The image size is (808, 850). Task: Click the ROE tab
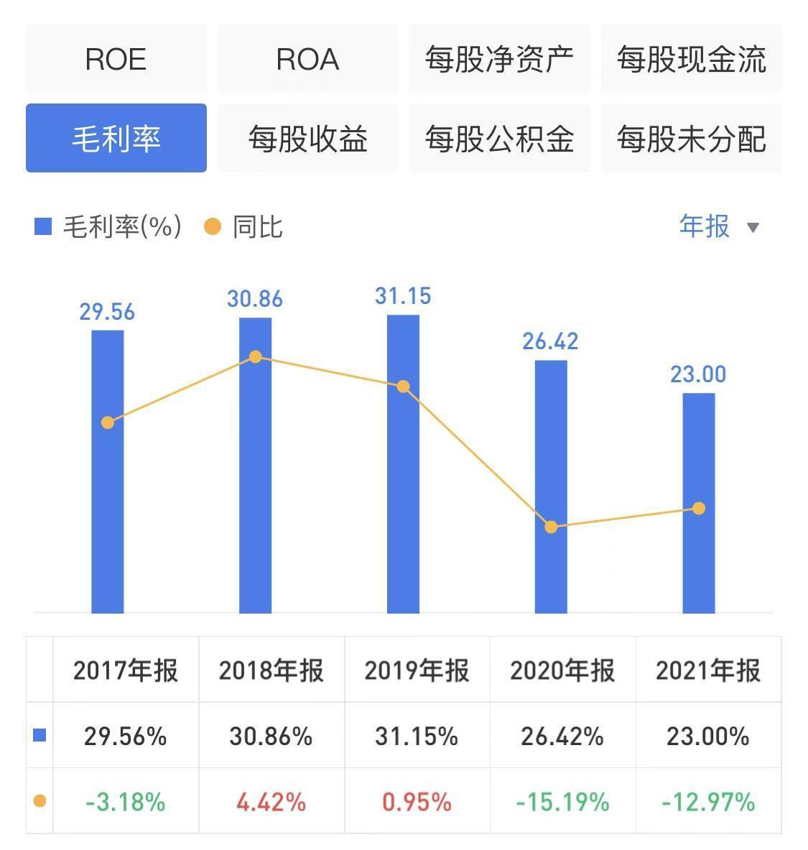116,59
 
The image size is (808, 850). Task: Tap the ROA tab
307,59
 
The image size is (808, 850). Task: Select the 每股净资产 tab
499,59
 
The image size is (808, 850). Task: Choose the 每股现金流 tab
691,59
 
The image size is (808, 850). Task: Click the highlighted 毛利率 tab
116,138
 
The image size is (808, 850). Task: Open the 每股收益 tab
307,138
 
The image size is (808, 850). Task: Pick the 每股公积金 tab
499,138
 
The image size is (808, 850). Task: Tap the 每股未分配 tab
691,138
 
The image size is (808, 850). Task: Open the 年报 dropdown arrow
753,228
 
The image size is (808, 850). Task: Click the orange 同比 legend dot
213,227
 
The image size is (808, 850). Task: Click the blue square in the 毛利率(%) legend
43,227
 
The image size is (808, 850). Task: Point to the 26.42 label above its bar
550,341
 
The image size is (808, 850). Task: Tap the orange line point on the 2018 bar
255,357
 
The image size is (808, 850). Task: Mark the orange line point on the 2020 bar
551,527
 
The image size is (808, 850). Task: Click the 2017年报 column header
126,670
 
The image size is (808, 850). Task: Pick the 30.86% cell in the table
271,736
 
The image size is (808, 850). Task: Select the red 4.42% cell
271,801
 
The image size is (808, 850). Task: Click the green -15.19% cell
562,801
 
